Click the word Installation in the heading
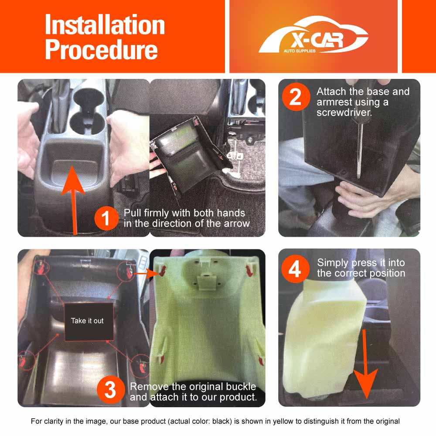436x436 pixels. pyautogui.click(x=105, y=25)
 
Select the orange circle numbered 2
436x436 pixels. pyautogui.click(x=295, y=97)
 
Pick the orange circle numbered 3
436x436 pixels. pyautogui.click(x=110, y=390)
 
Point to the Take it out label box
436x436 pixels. pyautogui.click(x=87, y=321)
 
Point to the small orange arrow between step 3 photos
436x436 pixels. pyautogui.click(x=142, y=274)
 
